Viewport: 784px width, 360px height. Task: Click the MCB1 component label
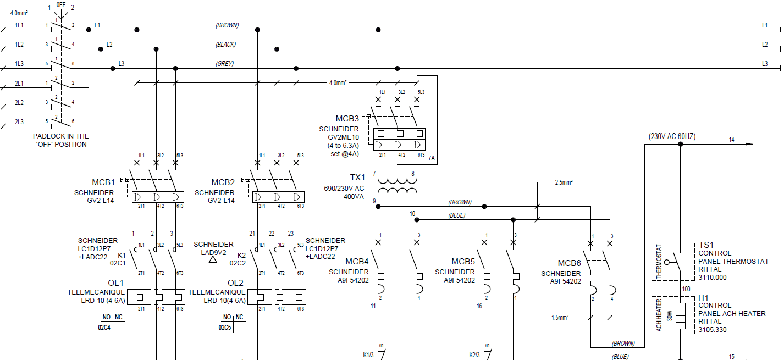[x=103, y=182]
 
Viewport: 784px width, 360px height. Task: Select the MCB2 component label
[x=223, y=182]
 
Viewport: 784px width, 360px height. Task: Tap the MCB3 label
[x=347, y=119]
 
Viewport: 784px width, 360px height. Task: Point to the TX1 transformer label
[x=357, y=178]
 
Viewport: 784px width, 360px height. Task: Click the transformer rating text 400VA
[x=354, y=196]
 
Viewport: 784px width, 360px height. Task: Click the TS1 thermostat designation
[x=706, y=245]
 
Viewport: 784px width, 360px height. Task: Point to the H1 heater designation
[x=704, y=297]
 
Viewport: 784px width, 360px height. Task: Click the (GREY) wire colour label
[x=224, y=64]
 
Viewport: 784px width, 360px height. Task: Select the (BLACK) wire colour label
[x=225, y=45]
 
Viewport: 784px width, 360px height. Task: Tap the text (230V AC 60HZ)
[x=672, y=136]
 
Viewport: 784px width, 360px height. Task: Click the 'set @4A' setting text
[x=345, y=154]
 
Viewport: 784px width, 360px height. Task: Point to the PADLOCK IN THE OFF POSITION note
[x=60, y=140]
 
